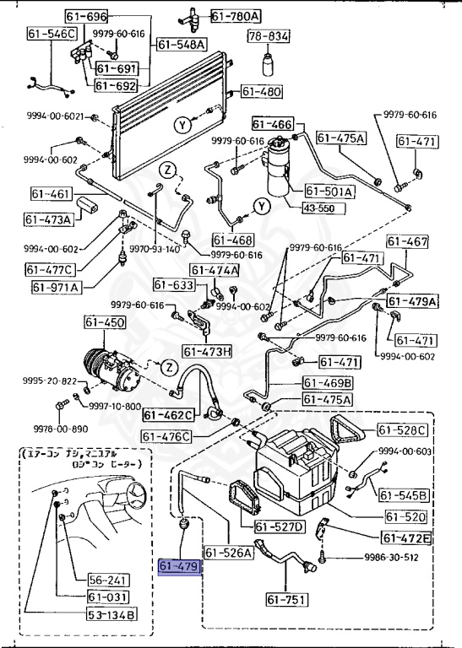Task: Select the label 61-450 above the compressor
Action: pyautogui.click(x=104, y=323)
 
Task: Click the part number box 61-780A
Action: pyautogui.click(x=236, y=15)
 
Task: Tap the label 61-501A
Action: pyautogui.click(x=329, y=192)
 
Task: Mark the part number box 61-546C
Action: pyautogui.click(x=52, y=35)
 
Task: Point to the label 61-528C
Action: pyautogui.click(x=403, y=430)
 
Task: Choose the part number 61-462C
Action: pyautogui.click(x=168, y=414)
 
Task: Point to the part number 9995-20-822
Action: pyautogui.click(x=30, y=381)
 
